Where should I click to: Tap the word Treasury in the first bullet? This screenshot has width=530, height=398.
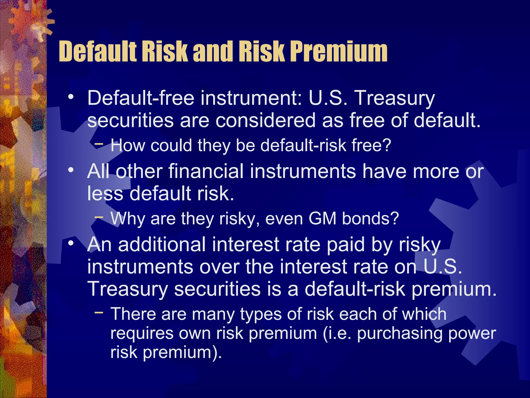pyautogui.click(x=394, y=99)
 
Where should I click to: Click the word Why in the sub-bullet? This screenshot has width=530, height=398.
pyautogui.click(x=128, y=219)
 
